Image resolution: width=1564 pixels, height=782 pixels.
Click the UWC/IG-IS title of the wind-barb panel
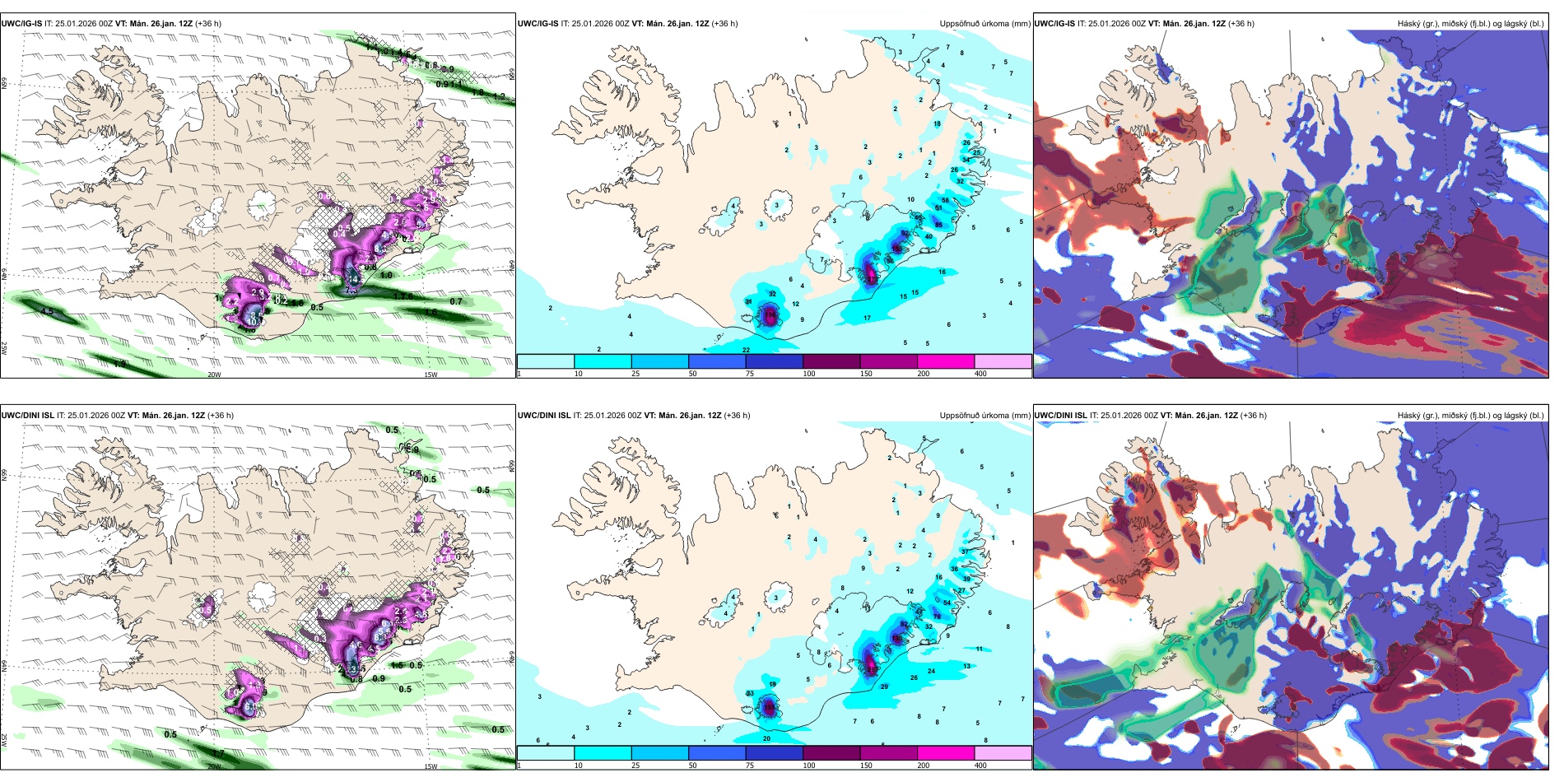tap(21, 24)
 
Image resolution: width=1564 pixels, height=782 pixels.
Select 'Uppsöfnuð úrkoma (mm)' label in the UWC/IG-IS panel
tap(984, 24)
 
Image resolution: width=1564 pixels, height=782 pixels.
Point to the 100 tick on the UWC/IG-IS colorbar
tap(809, 374)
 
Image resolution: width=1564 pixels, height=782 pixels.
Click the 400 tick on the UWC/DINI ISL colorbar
tap(980, 766)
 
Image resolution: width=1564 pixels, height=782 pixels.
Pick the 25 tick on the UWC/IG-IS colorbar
tap(635, 374)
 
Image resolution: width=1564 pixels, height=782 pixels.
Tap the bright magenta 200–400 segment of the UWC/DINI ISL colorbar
tap(946, 753)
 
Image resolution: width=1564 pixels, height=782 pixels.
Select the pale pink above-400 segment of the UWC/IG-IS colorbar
tap(1003, 361)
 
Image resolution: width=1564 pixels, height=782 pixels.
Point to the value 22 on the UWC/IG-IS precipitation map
tap(746, 350)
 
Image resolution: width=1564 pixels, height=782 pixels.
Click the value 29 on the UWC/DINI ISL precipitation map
tap(884, 687)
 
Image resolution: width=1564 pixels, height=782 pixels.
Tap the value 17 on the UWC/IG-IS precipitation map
tap(867, 318)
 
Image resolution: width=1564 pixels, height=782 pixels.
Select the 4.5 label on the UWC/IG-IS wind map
tap(47, 311)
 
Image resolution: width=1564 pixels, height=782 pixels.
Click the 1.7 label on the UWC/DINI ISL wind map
tap(218, 753)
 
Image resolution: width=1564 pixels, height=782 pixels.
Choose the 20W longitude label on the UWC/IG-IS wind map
tap(214, 375)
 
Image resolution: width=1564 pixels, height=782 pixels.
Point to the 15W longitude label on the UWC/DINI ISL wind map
tap(430, 766)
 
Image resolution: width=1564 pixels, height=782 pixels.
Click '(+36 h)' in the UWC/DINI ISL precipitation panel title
tap(737, 416)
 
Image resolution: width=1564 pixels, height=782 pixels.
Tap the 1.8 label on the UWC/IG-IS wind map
tap(477, 92)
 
